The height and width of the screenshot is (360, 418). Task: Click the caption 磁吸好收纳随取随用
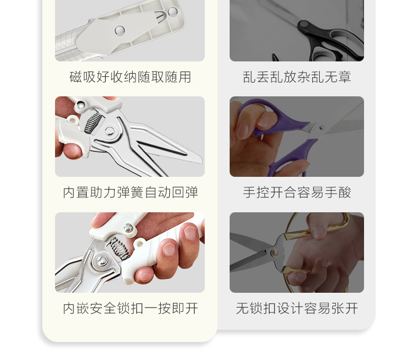click(x=130, y=77)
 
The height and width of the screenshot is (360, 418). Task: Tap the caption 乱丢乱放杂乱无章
click(x=297, y=77)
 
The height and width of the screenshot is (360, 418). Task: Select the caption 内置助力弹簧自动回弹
click(x=130, y=192)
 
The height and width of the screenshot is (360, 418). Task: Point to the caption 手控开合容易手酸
click(x=297, y=192)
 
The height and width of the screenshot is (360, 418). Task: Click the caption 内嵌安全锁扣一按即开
click(x=130, y=308)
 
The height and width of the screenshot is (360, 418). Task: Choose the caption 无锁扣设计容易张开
click(x=297, y=308)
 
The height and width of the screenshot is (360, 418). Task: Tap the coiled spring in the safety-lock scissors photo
click(x=119, y=248)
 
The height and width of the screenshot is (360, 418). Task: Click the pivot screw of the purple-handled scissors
click(x=322, y=128)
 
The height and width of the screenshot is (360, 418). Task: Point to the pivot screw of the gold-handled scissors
click(x=274, y=253)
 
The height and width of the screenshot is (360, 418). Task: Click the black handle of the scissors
click(x=331, y=40)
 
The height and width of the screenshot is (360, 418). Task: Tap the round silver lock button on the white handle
click(x=128, y=228)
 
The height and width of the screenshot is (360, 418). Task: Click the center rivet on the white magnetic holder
click(x=120, y=30)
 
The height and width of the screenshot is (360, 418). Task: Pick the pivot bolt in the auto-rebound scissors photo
click(x=109, y=131)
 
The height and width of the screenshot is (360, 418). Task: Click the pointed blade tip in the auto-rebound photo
click(x=201, y=159)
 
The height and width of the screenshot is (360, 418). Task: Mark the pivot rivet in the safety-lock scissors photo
click(x=102, y=260)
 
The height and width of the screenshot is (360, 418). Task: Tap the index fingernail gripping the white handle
click(x=190, y=231)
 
